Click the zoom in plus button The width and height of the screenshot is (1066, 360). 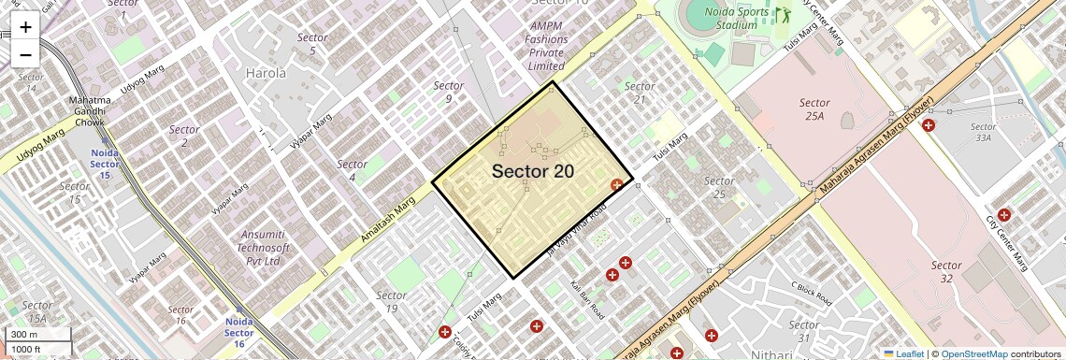click(x=25, y=27)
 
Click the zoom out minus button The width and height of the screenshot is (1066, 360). click(x=25, y=54)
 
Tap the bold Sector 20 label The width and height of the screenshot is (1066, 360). click(x=533, y=171)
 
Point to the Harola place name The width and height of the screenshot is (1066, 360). click(x=266, y=72)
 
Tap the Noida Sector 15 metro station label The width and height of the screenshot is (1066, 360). click(x=105, y=164)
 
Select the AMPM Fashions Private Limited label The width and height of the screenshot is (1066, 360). click(x=546, y=46)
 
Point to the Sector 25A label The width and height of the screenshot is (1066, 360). click(x=814, y=109)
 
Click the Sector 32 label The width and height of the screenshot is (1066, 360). click(x=946, y=271)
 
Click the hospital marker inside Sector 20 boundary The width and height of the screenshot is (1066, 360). click(x=617, y=185)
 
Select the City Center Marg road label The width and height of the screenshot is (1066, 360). click(x=1007, y=244)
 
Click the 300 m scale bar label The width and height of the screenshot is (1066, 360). click(x=25, y=335)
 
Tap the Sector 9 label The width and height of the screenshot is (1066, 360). click(x=449, y=92)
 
